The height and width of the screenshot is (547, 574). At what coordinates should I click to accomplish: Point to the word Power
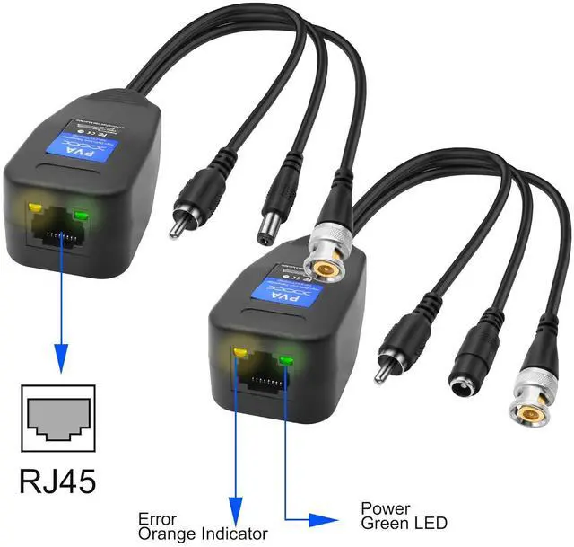(382, 507)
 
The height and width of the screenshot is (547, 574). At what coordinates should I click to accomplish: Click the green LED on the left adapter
(82, 216)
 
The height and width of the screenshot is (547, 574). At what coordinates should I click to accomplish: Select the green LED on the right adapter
(286, 361)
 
